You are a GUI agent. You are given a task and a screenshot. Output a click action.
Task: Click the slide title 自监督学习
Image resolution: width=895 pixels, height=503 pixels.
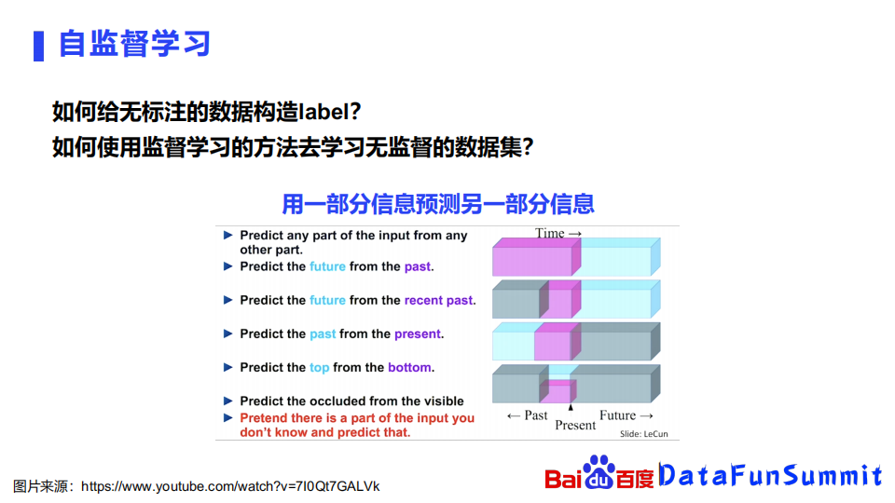pos(134,44)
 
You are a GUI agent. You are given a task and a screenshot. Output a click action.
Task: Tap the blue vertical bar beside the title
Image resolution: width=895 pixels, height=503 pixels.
pos(39,46)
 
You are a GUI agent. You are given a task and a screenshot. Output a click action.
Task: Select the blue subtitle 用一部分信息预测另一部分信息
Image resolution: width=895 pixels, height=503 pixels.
pos(438,204)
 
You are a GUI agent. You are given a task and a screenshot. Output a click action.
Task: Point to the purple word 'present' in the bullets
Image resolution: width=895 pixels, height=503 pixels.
pos(418,334)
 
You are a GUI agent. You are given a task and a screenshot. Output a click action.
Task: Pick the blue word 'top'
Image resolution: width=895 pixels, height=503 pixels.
pos(319,368)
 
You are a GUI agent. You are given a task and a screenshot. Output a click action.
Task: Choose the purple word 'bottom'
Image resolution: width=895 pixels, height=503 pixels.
pos(409,367)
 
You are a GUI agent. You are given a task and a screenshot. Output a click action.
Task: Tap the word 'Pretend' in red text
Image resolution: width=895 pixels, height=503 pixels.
pos(261,418)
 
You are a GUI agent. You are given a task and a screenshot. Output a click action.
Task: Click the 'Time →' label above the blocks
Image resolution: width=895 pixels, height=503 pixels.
pos(558,233)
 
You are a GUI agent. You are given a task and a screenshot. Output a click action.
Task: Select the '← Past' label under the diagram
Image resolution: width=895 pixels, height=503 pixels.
pos(528,415)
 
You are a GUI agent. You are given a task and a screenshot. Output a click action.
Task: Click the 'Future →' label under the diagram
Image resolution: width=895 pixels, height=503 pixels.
pos(626,415)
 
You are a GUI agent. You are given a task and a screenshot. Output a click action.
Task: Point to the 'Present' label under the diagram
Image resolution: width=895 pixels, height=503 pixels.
pos(575,426)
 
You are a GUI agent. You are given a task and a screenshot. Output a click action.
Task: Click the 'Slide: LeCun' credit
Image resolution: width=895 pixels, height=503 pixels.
pos(644,434)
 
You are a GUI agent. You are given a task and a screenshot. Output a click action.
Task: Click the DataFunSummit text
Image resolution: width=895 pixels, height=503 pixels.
pos(771,474)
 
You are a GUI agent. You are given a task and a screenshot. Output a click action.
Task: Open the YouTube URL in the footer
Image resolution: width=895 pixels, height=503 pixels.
pos(230,486)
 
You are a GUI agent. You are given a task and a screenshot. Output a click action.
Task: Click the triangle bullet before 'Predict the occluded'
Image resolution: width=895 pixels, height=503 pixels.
pos(227,401)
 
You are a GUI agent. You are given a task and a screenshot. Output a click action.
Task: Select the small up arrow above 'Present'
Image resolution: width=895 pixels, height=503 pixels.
pos(571,407)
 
